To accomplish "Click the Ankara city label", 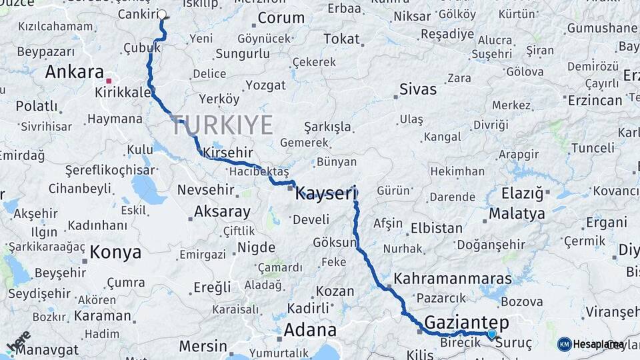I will pos(74,72).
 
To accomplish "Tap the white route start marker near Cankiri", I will pos(162,14).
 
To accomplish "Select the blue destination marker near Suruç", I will pos(492,334).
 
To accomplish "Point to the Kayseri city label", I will pos(327,193).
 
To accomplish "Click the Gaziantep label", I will pos(466,323).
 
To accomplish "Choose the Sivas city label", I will pos(418,89).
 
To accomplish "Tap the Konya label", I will pos(115,252).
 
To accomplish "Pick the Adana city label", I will pos(310,330).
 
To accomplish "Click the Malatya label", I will pos(517,214).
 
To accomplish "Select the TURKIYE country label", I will pos(222,125).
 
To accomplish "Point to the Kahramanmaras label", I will pos(453,279).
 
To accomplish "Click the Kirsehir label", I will pos(229,152).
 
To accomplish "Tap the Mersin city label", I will pos(203,347).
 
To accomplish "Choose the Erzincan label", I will pos(595,100).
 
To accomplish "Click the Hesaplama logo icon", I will pos(565,344).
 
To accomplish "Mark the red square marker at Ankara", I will pos(109,80).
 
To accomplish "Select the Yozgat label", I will pos(265,85).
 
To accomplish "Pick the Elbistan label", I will pos(437,227).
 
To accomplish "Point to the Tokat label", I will pos(341,39).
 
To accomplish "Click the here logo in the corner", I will pos(18,342).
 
